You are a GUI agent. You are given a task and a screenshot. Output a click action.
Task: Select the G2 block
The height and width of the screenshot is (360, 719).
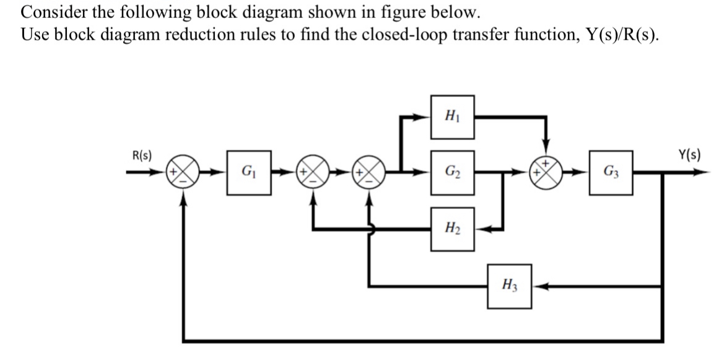tap(453, 172)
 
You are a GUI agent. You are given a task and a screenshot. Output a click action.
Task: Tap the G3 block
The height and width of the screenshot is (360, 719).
tap(610, 172)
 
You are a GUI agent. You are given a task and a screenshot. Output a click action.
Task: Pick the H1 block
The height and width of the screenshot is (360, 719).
tap(453, 117)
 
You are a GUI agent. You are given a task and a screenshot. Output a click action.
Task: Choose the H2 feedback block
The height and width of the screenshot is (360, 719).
tap(453, 229)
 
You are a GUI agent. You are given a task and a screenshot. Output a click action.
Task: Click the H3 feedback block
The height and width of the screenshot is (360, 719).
tap(509, 286)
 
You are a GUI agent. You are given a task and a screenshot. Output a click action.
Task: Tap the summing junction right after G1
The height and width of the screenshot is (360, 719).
tap(314, 172)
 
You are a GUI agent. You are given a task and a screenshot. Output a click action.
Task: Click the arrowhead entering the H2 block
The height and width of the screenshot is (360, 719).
tap(482, 229)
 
